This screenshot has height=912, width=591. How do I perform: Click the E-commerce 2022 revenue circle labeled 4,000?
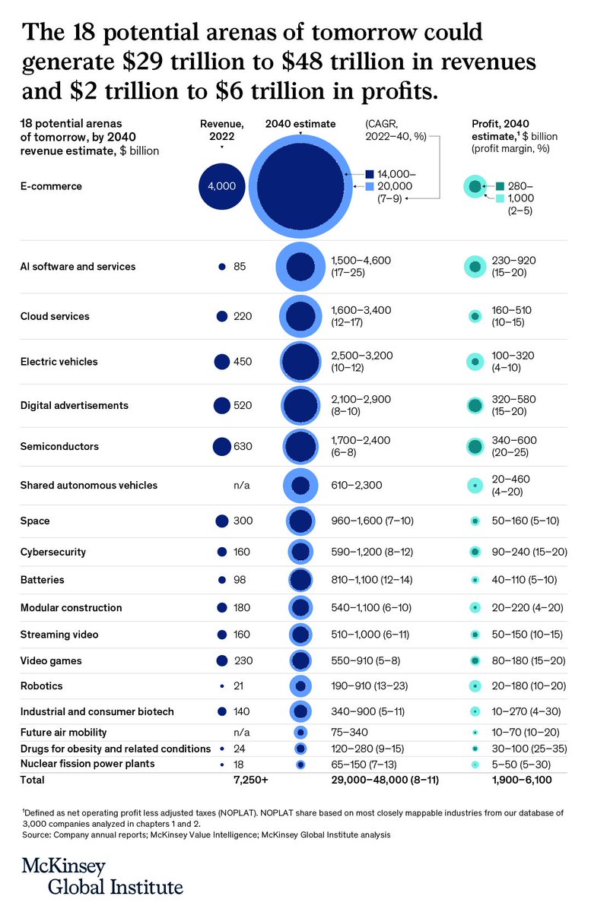tap(221, 185)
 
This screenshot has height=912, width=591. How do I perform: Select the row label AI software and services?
tap(78, 267)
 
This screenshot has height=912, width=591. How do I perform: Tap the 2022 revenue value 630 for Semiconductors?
tap(243, 447)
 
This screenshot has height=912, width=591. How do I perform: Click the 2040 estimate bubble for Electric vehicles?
tap(300, 363)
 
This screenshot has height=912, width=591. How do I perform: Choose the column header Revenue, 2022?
tap(221, 130)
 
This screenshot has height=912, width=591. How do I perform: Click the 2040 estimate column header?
tap(300, 124)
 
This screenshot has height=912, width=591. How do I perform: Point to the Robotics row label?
tap(42, 686)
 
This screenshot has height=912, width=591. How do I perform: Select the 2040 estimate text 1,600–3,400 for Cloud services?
tap(361, 310)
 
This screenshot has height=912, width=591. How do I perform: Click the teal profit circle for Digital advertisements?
tap(475, 406)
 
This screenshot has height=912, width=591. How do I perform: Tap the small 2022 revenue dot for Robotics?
tap(221, 686)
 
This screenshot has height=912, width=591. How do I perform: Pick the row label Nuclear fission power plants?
tap(87, 763)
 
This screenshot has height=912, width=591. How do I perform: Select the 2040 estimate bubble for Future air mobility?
tap(300, 733)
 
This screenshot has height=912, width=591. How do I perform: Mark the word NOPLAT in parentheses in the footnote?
tap(250, 813)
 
